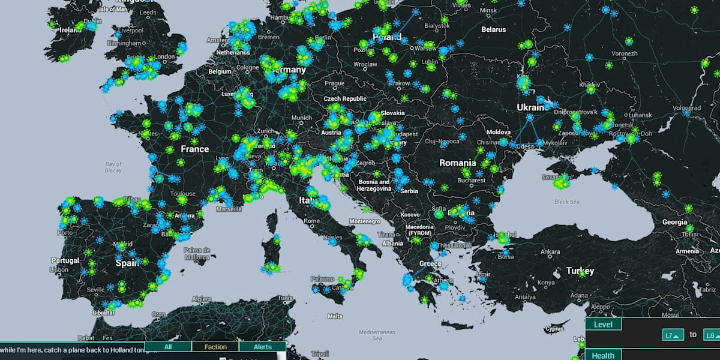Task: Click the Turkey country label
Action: coord(580,271)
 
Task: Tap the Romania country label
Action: coord(458,163)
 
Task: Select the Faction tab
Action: coord(215,347)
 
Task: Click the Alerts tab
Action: coord(263,347)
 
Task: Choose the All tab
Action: coord(168,347)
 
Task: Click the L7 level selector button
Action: coord(673,335)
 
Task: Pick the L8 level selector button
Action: coord(712,335)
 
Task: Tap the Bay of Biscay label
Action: coord(113,167)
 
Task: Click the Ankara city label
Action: coord(550,252)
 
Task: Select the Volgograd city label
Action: coord(686,108)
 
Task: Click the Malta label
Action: coord(335,316)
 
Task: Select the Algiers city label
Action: coord(201,299)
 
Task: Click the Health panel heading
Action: coord(603,356)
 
